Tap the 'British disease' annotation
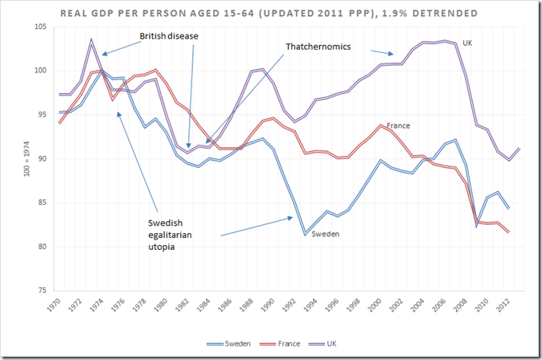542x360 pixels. click(168, 36)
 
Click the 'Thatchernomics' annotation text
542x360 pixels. click(318, 47)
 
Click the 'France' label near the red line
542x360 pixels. click(399, 126)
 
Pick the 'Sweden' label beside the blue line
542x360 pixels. click(325, 234)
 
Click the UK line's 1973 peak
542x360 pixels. click(92, 39)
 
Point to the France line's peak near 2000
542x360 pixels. click(380, 125)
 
